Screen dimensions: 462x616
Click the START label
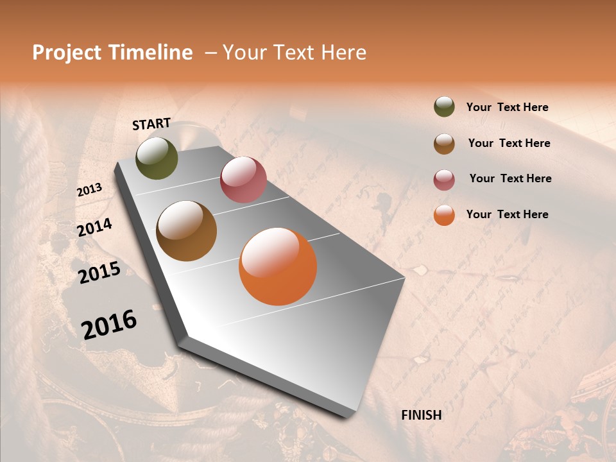151,123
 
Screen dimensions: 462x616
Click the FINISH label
422,415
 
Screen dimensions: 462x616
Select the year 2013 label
89,189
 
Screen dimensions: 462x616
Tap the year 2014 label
94,227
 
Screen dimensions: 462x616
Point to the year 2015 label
99,273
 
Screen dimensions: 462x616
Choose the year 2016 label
109,324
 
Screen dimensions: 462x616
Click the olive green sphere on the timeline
157,158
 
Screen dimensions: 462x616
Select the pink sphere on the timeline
243,180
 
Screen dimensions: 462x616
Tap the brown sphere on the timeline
187,231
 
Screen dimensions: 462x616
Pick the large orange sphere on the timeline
278,266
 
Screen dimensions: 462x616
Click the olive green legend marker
444,107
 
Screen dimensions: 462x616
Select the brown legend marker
444,144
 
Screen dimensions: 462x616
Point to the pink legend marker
444,180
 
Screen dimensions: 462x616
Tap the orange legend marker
444,215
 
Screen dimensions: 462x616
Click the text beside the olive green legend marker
507,107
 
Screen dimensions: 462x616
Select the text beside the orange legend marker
507,214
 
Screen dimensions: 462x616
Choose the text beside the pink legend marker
510,178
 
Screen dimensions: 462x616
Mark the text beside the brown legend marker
509,143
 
